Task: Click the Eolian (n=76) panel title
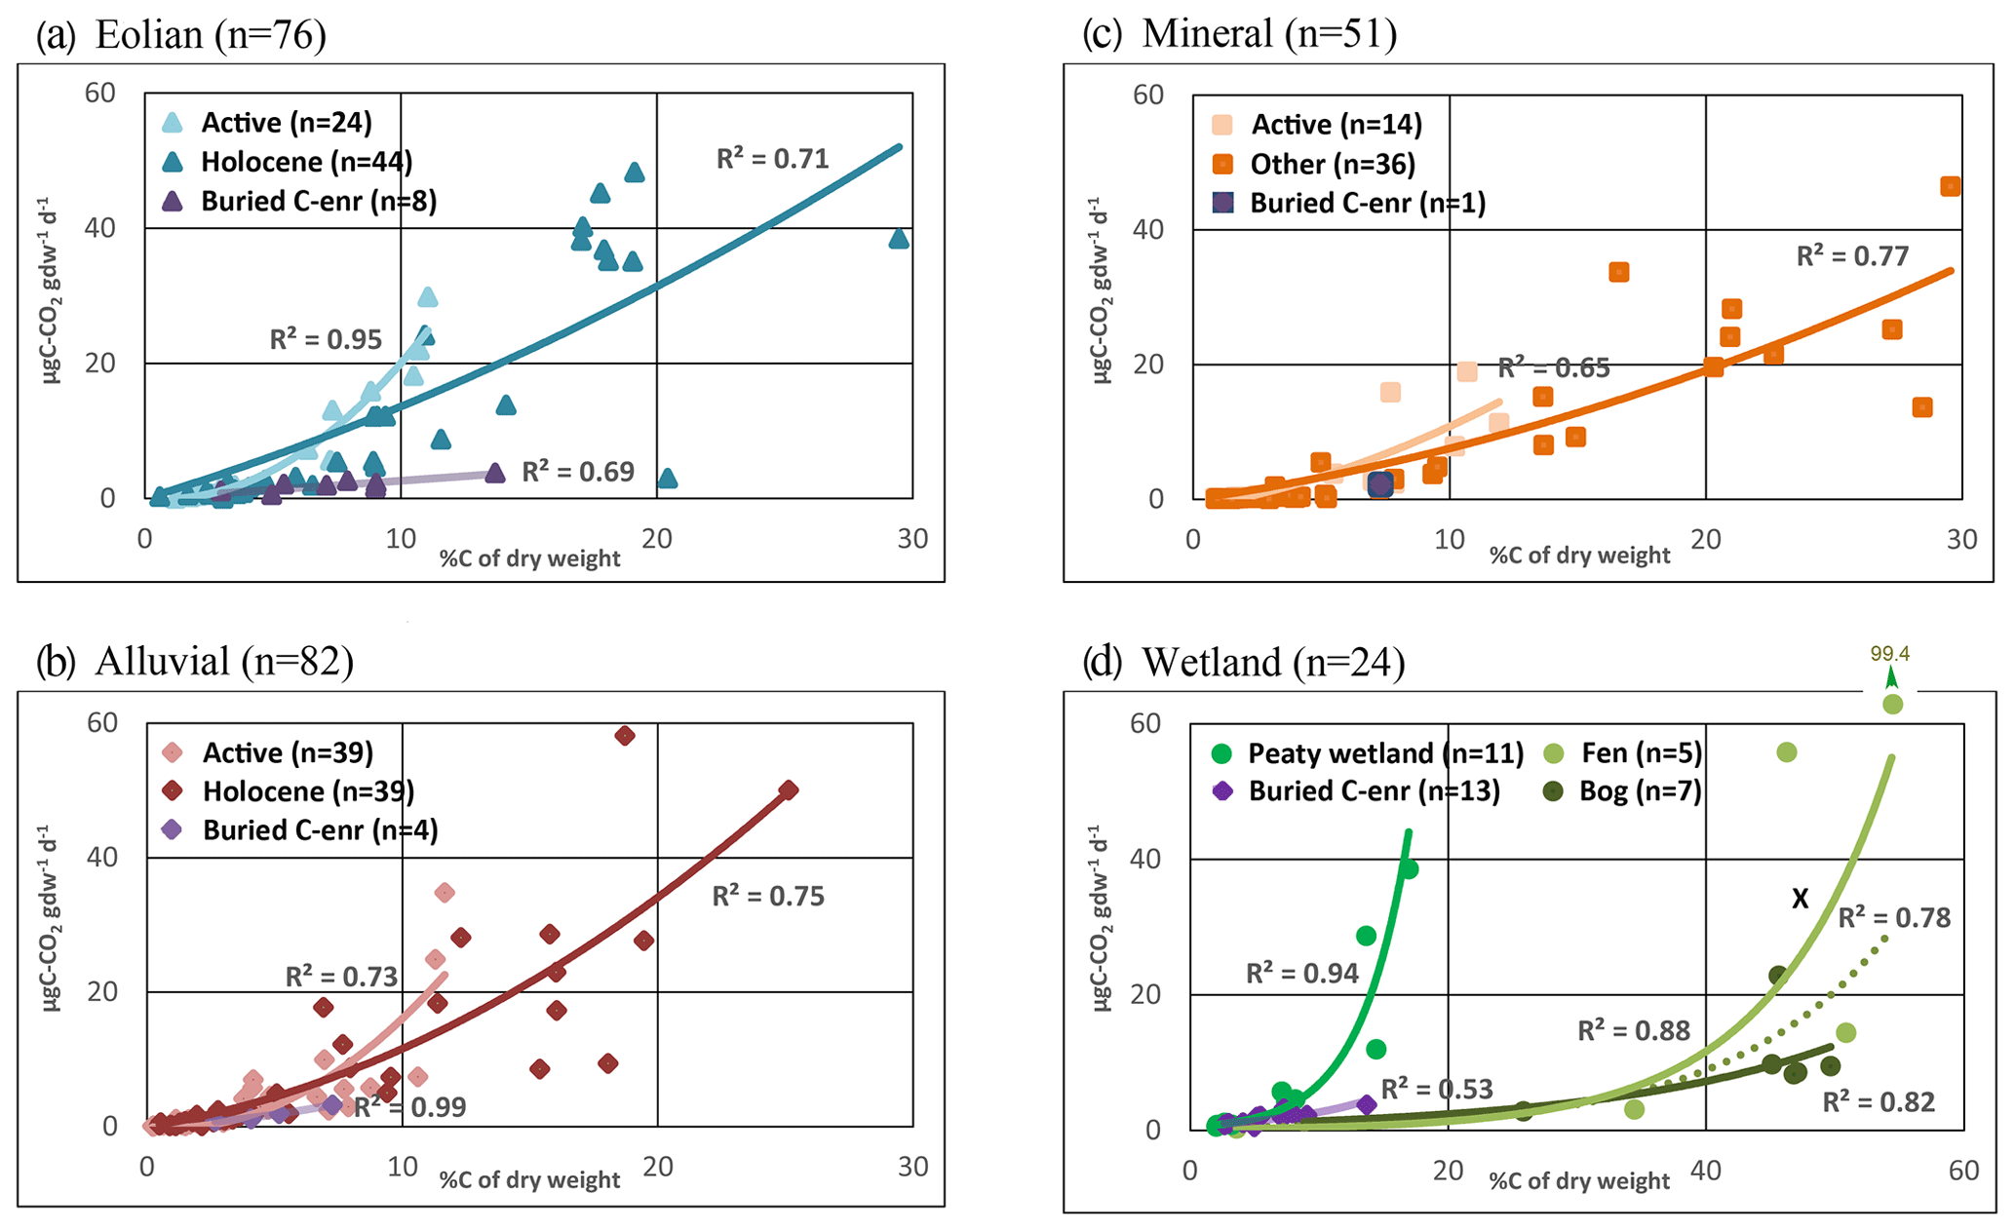[x=180, y=35]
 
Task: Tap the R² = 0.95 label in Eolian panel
[x=326, y=340]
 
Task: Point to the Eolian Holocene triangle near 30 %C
[x=899, y=239]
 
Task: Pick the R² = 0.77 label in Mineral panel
[x=1852, y=256]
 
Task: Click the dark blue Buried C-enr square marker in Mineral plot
[x=1380, y=484]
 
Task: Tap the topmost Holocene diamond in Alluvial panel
[x=625, y=736]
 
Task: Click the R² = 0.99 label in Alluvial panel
[x=409, y=1107]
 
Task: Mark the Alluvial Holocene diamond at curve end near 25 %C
[x=789, y=790]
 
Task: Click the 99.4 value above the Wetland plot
[x=1889, y=654]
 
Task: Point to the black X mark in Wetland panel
[x=1800, y=900]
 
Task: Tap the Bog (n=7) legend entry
[x=1640, y=791]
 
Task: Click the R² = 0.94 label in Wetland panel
[x=1301, y=974]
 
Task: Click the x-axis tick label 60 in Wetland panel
[x=1963, y=1171]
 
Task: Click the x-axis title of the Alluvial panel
[x=529, y=1180]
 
